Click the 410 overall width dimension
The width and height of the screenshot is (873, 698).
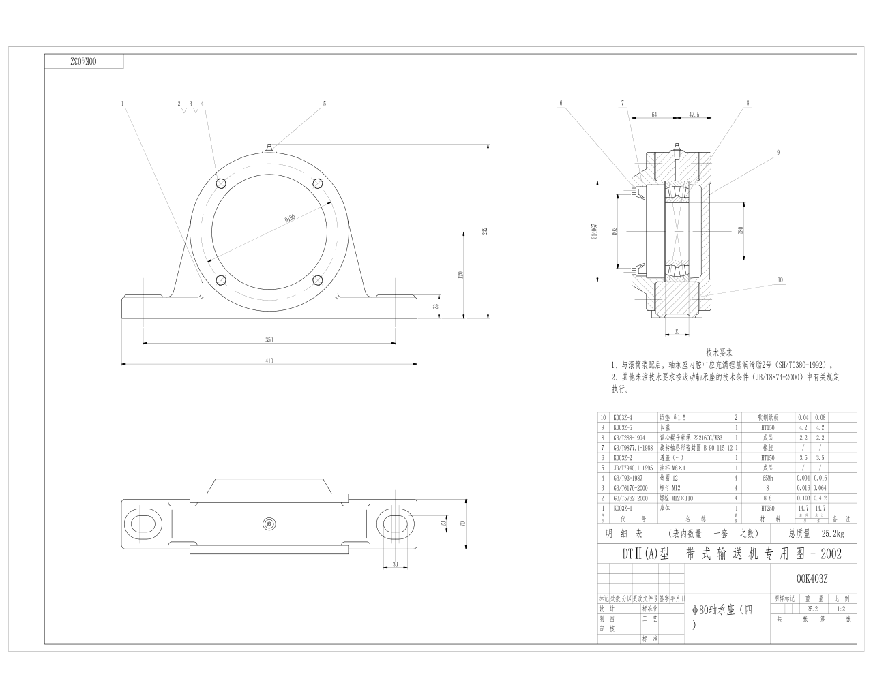pyautogui.click(x=269, y=361)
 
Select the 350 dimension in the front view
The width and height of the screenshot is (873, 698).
pyautogui.click(x=269, y=339)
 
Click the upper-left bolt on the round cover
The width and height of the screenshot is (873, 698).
pyautogui.click(x=220, y=183)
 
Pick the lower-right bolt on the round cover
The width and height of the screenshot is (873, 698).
pyautogui.click(x=317, y=279)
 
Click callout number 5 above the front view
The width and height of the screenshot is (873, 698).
pyautogui.click(x=325, y=104)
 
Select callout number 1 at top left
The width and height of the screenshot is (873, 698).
pyautogui.click(x=122, y=104)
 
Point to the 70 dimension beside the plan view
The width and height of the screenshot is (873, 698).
pyautogui.click(x=462, y=523)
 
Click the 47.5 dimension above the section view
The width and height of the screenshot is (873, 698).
pyautogui.click(x=694, y=115)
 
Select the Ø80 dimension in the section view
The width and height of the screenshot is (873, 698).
pyautogui.click(x=741, y=230)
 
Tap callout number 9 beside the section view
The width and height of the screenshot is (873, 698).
pyautogui.click(x=778, y=153)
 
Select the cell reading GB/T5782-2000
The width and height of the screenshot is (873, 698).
pyautogui.click(x=630, y=498)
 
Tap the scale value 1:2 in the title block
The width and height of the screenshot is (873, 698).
pyautogui.click(x=840, y=609)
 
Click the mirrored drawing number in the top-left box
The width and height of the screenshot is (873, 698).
pyautogui.click(x=85, y=61)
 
